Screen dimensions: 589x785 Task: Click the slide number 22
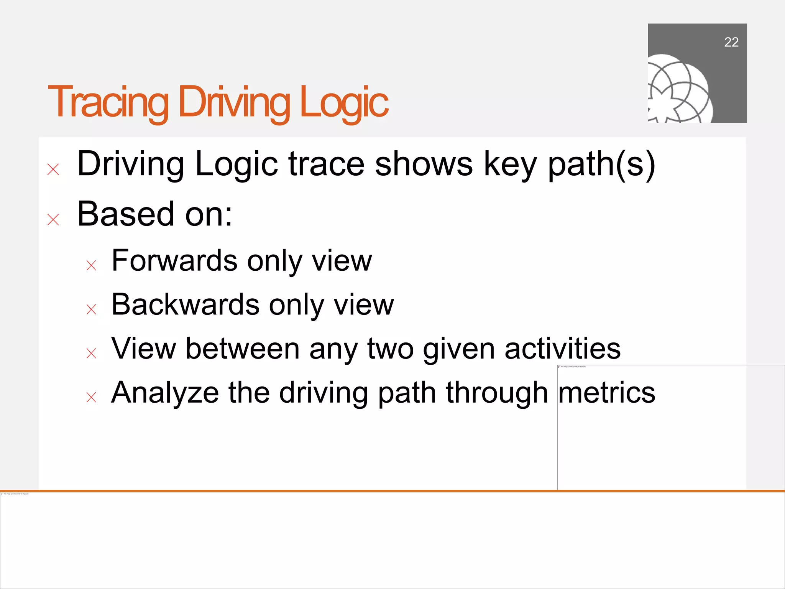click(731, 42)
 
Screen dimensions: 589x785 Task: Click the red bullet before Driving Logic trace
click(53, 169)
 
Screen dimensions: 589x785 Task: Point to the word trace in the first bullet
click(326, 164)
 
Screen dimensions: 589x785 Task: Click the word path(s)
click(601, 164)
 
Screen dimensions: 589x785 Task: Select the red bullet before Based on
click(53, 220)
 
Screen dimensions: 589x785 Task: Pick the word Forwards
click(174, 261)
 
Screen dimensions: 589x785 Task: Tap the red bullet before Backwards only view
click(91, 309)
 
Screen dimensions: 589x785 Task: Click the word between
click(242, 349)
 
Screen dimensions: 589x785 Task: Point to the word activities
click(562, 349)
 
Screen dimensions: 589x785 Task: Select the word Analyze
click(165, 393)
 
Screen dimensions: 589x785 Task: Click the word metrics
click(607, 393)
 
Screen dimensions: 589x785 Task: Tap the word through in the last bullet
click(497, 393)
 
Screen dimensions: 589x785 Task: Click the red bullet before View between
click(91, 353)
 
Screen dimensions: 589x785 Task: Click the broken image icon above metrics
click(560, 367)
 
